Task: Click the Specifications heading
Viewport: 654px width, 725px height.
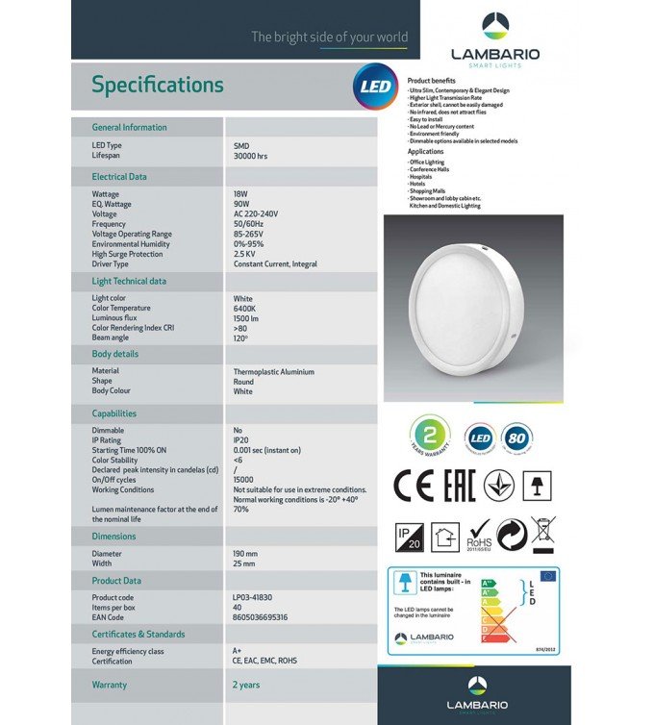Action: point(158,86)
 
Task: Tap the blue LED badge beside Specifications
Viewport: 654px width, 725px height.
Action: point(374,86)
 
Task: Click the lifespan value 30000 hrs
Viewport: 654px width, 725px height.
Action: point(250,155)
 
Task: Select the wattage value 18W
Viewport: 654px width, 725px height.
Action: point(242,194)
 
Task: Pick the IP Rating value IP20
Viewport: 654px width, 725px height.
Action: point(241,440)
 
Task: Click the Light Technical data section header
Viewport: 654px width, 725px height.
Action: point(129,282)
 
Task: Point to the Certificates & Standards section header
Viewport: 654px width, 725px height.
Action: point(138,635)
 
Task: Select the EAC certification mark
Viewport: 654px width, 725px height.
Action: point(460,487)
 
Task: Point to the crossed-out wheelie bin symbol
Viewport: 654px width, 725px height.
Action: point(543,533)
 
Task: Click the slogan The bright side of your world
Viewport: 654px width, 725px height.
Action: point(329,37)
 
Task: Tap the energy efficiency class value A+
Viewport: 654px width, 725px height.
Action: point(239,652)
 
